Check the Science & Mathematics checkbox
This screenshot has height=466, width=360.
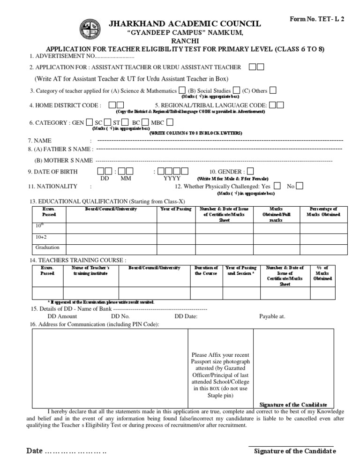(181, 90)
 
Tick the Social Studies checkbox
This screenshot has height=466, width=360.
(236, 90)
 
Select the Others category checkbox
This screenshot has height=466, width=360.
(272, 90)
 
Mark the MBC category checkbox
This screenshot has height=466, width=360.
(170, 122)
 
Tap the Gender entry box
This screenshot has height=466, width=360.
(250, 172)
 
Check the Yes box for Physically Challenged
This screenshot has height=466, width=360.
(277, 186)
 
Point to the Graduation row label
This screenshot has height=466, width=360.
(47, 248)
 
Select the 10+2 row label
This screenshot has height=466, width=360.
(42, 237)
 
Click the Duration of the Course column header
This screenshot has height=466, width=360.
(206, 271)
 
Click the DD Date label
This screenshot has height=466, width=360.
(186, 316)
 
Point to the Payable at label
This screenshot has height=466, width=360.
(272, 316)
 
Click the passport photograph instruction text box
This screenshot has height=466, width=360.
(220, 375)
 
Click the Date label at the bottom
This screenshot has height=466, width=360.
(35, 451)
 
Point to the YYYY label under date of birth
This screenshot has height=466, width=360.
(171, 179)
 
